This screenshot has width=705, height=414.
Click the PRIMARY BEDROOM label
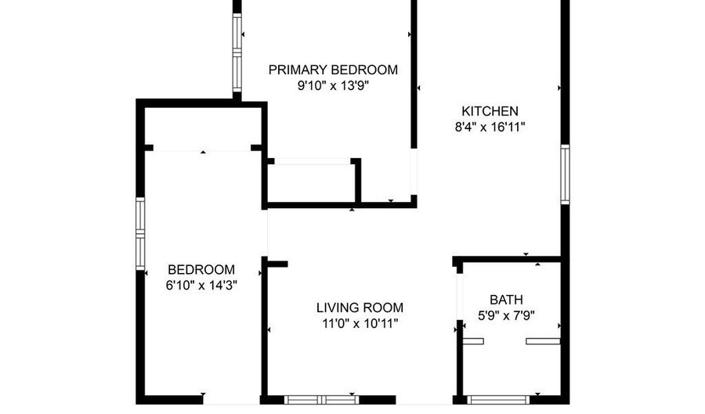[x=333, y=70]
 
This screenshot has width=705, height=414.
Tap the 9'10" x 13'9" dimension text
[x=333, y=86]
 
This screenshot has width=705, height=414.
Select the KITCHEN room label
[x=489, y=111]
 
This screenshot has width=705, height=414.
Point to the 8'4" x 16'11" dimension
[x=489, y=128]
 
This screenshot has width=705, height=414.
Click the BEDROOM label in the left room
[x=201, y=268]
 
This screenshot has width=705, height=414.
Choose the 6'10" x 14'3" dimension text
[x=201, y=286]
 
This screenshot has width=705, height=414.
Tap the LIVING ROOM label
[x=360, y=308]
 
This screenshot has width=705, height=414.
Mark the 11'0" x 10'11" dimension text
[x=360, y=324]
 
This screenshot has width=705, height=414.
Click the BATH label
[x=506, y=299]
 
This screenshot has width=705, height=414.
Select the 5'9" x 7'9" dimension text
[x=506, y=316]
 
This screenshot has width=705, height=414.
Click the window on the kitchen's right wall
[x=564, y=174]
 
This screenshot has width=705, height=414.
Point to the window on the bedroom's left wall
[x=141, y=232]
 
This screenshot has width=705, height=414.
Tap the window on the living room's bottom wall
[x=322, y=400]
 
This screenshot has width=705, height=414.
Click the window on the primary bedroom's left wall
[x=236, y=50]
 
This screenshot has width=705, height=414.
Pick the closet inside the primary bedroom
[x=311, y=182]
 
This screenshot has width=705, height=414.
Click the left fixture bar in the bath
[x=473, y=340]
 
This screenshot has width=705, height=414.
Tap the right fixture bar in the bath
[x=543, y=340]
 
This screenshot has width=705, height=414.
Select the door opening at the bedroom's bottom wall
[x=232, y=400]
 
